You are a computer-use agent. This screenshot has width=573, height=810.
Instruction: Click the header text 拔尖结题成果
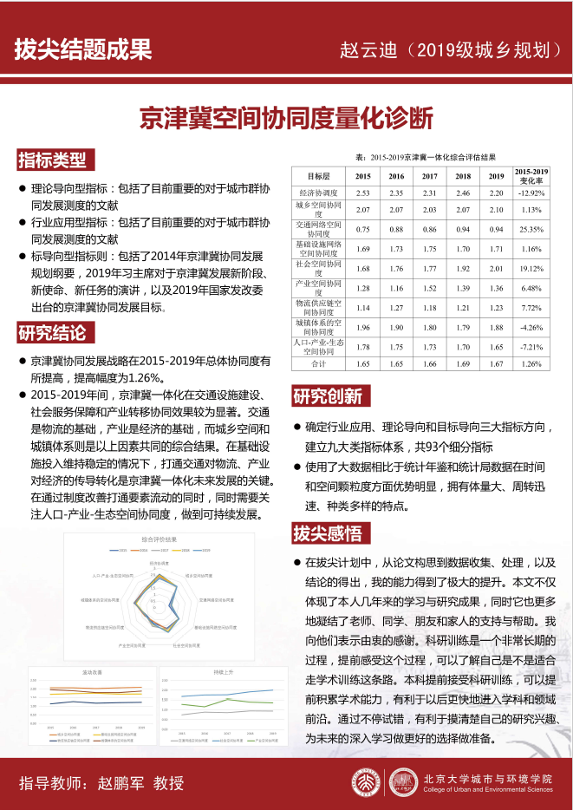pos(82,49)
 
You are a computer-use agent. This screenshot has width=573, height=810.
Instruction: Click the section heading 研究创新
pos(328,397)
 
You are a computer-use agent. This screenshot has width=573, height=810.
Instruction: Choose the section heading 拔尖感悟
pos(328,532)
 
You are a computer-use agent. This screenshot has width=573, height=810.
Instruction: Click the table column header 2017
pos(429,176)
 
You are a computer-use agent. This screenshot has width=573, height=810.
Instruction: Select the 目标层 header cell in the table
pos(319,176)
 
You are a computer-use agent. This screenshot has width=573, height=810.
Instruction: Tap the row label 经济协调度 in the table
pos(319,193)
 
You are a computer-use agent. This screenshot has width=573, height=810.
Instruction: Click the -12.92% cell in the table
pos(531,193)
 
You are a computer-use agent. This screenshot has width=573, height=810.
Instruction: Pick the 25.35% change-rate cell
pos(531,229)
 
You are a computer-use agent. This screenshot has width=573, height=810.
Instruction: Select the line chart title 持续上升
pos(224,672)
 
